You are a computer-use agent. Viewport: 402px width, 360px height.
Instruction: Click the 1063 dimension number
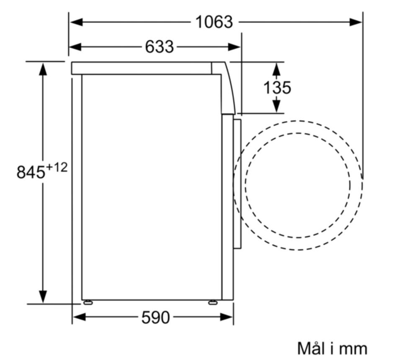tap(214, 22)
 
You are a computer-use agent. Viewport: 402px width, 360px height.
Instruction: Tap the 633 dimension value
tap(160, 47)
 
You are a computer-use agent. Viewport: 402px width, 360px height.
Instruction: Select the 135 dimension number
tap(277, 88)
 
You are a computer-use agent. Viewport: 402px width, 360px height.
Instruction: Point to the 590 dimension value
tap(156, 317)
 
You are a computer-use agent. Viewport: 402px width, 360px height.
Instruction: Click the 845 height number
tap(31, 172)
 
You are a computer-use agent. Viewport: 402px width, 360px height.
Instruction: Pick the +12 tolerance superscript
tap(57, 168)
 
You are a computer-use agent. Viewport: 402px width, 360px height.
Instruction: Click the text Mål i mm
tap(332, 348)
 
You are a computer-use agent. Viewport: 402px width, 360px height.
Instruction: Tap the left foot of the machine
tap(88, 302)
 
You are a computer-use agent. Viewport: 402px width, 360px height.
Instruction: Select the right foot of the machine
tap(213, 302)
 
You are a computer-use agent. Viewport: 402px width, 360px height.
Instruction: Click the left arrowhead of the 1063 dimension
tap(77, 22)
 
